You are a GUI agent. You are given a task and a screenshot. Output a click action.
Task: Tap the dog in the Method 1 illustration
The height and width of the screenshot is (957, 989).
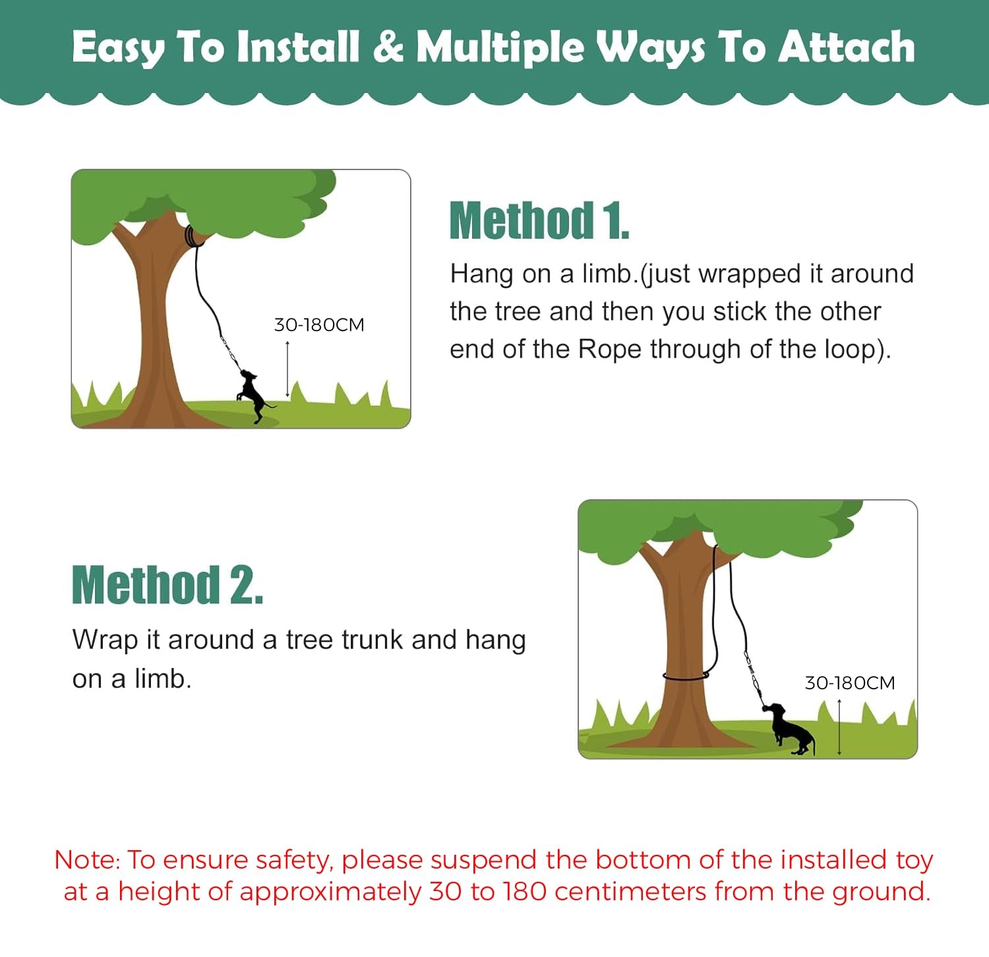(253, 396)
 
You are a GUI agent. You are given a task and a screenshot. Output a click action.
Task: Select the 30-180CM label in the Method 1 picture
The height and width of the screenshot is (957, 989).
(319, 324)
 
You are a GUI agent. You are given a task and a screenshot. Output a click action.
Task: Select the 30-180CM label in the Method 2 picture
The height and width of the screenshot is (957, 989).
(850, 683)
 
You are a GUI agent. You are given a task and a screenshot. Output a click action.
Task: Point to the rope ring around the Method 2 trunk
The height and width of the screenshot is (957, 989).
(686, 677)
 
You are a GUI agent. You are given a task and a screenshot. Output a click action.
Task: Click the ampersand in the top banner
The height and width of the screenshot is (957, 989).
(388, 47)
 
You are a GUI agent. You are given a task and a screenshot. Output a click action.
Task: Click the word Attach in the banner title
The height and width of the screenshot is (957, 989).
(847, 47)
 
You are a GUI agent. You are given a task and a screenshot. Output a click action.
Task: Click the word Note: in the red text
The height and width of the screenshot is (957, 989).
(87, 860)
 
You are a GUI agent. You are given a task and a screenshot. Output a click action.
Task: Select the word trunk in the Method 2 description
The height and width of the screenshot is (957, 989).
(373, 640)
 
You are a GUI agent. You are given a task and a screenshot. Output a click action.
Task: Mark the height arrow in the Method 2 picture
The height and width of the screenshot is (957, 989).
(839, 727)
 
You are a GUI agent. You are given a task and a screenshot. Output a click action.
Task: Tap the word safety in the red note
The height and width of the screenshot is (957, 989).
(292, 861)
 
